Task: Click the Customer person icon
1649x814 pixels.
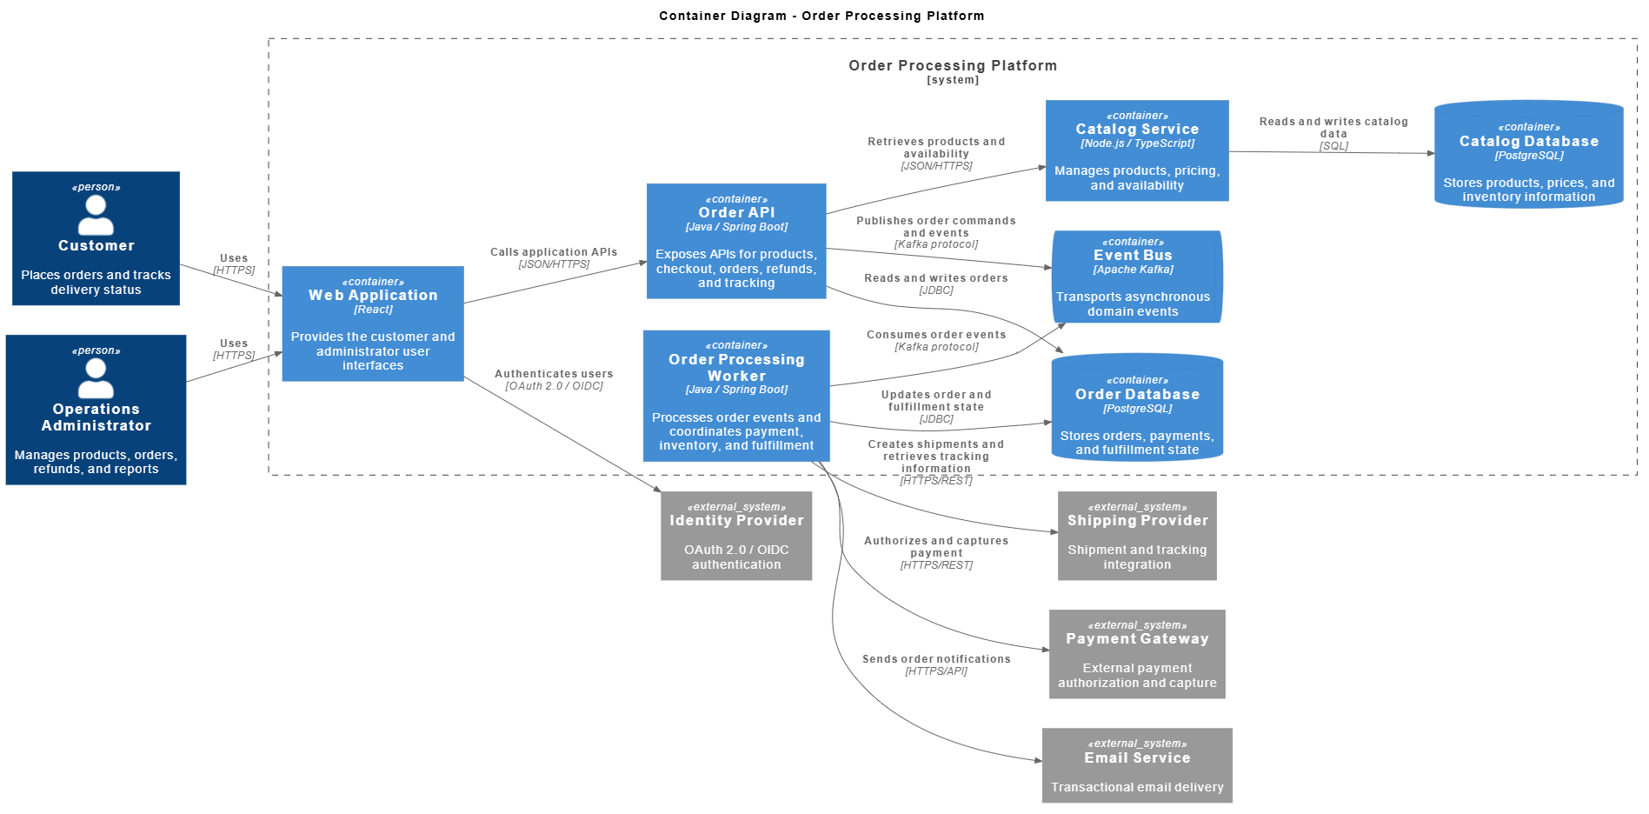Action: [x=96, y=215]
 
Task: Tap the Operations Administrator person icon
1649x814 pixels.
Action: [x=96, y=378]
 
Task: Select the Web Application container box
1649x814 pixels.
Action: [x=373, y=324]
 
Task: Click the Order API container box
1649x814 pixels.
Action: [x=736, y=241]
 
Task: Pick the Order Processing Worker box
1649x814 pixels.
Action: [x=736, y=396]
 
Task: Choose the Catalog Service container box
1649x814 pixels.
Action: [x=1137, y=150]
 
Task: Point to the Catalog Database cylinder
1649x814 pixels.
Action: [x=1529, y=154]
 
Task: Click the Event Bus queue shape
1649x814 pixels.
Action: [x=1137, y=277]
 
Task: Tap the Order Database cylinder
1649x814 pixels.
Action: [x=1137, y=407]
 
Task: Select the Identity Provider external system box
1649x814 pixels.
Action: [x=736, y=536]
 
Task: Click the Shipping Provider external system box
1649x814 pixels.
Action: [x=1137, y=536]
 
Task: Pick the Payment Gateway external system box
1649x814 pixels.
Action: [x=1137, y=654]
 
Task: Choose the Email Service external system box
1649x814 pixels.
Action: [x=1137, y=765]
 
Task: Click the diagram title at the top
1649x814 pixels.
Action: [x=821, y=16]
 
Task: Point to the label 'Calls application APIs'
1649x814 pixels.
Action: [x=554, y=252]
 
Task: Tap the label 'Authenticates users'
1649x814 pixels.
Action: [x=554, y=374]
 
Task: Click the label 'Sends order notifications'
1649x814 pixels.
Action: [x=936, y=659]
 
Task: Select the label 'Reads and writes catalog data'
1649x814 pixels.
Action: [x=1333, y=128]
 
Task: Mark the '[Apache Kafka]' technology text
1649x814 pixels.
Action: [x=1133, y=270]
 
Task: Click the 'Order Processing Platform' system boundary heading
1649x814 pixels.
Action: [x=953, y=65]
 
